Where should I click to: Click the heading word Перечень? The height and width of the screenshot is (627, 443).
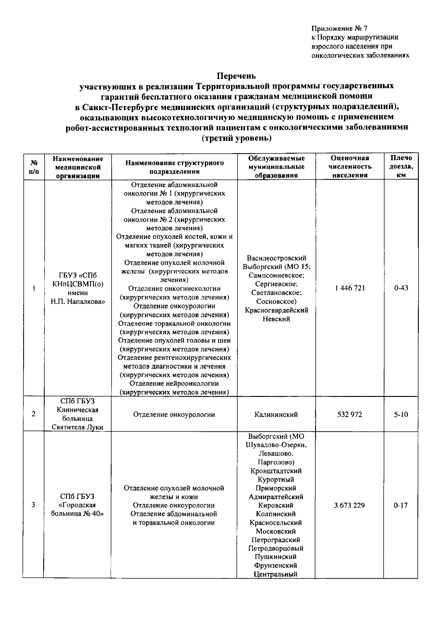pos(236,76)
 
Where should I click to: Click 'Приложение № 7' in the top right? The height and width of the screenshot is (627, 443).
pos(339,28)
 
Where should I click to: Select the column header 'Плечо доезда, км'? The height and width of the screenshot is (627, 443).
pos(401,166)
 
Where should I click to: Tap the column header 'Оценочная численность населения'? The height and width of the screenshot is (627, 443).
pos(350,166)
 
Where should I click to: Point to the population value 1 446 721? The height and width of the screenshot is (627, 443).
pos(350,288)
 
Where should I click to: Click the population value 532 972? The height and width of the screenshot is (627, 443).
pos(350,414)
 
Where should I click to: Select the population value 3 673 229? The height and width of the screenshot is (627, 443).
pos(349,505)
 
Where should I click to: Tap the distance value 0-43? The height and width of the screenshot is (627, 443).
pos(401,288)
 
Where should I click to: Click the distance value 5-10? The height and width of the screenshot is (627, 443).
pos(401,414)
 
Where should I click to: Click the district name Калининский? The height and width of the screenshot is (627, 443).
pos(276,415)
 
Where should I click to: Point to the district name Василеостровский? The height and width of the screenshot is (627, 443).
pos(277,258)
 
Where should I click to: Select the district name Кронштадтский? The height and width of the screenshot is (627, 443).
pos(276,471)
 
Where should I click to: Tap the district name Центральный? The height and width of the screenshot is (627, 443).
pos(276,574)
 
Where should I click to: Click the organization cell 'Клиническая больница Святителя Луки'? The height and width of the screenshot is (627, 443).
pos(78,414)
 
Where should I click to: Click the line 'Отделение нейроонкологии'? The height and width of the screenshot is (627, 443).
pos(174,384)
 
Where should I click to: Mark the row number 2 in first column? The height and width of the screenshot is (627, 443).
pos(34,414)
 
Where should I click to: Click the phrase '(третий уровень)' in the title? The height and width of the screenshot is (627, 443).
pos(236,138)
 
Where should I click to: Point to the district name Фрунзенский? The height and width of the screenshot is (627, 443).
pos(276,565)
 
